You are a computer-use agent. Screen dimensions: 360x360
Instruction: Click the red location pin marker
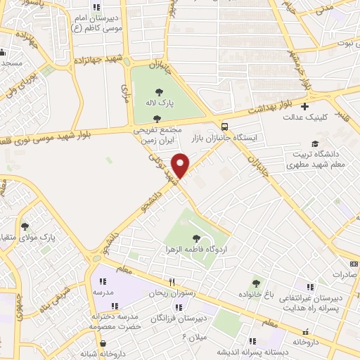[181, 165]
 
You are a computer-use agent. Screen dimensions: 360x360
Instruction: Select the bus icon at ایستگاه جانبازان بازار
[224, 127]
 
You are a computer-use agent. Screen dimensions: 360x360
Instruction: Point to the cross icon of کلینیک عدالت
[304, 107]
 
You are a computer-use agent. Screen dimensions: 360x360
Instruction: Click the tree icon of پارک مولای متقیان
[26, 226]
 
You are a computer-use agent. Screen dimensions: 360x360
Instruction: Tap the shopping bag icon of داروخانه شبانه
[103, 343]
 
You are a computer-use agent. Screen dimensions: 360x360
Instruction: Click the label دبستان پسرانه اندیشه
[215, 351]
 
